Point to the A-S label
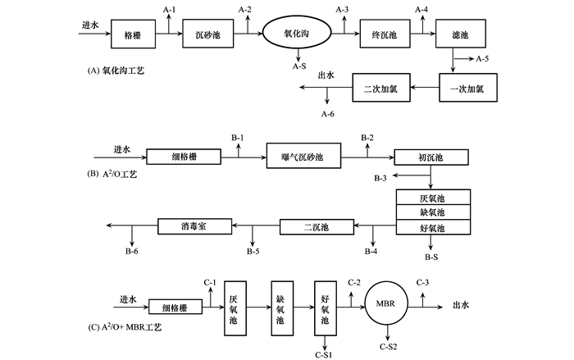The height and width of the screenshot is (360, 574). pyautogui.click(x=299, y=69)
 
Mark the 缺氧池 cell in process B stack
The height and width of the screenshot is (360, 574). pyautogui.click(x=433, y=212)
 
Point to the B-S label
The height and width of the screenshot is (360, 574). pyautogui.click(x=433, y=257)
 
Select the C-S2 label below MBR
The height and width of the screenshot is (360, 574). pyautogui.click(x=390, y=348)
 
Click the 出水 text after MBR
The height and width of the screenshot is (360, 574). pyautogui.click(x=461, y=305)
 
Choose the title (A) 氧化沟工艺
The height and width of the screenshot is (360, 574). pyautogui.click(x=121, y=71)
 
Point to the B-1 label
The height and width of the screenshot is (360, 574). pyautogui.click(x=238, y=136)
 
